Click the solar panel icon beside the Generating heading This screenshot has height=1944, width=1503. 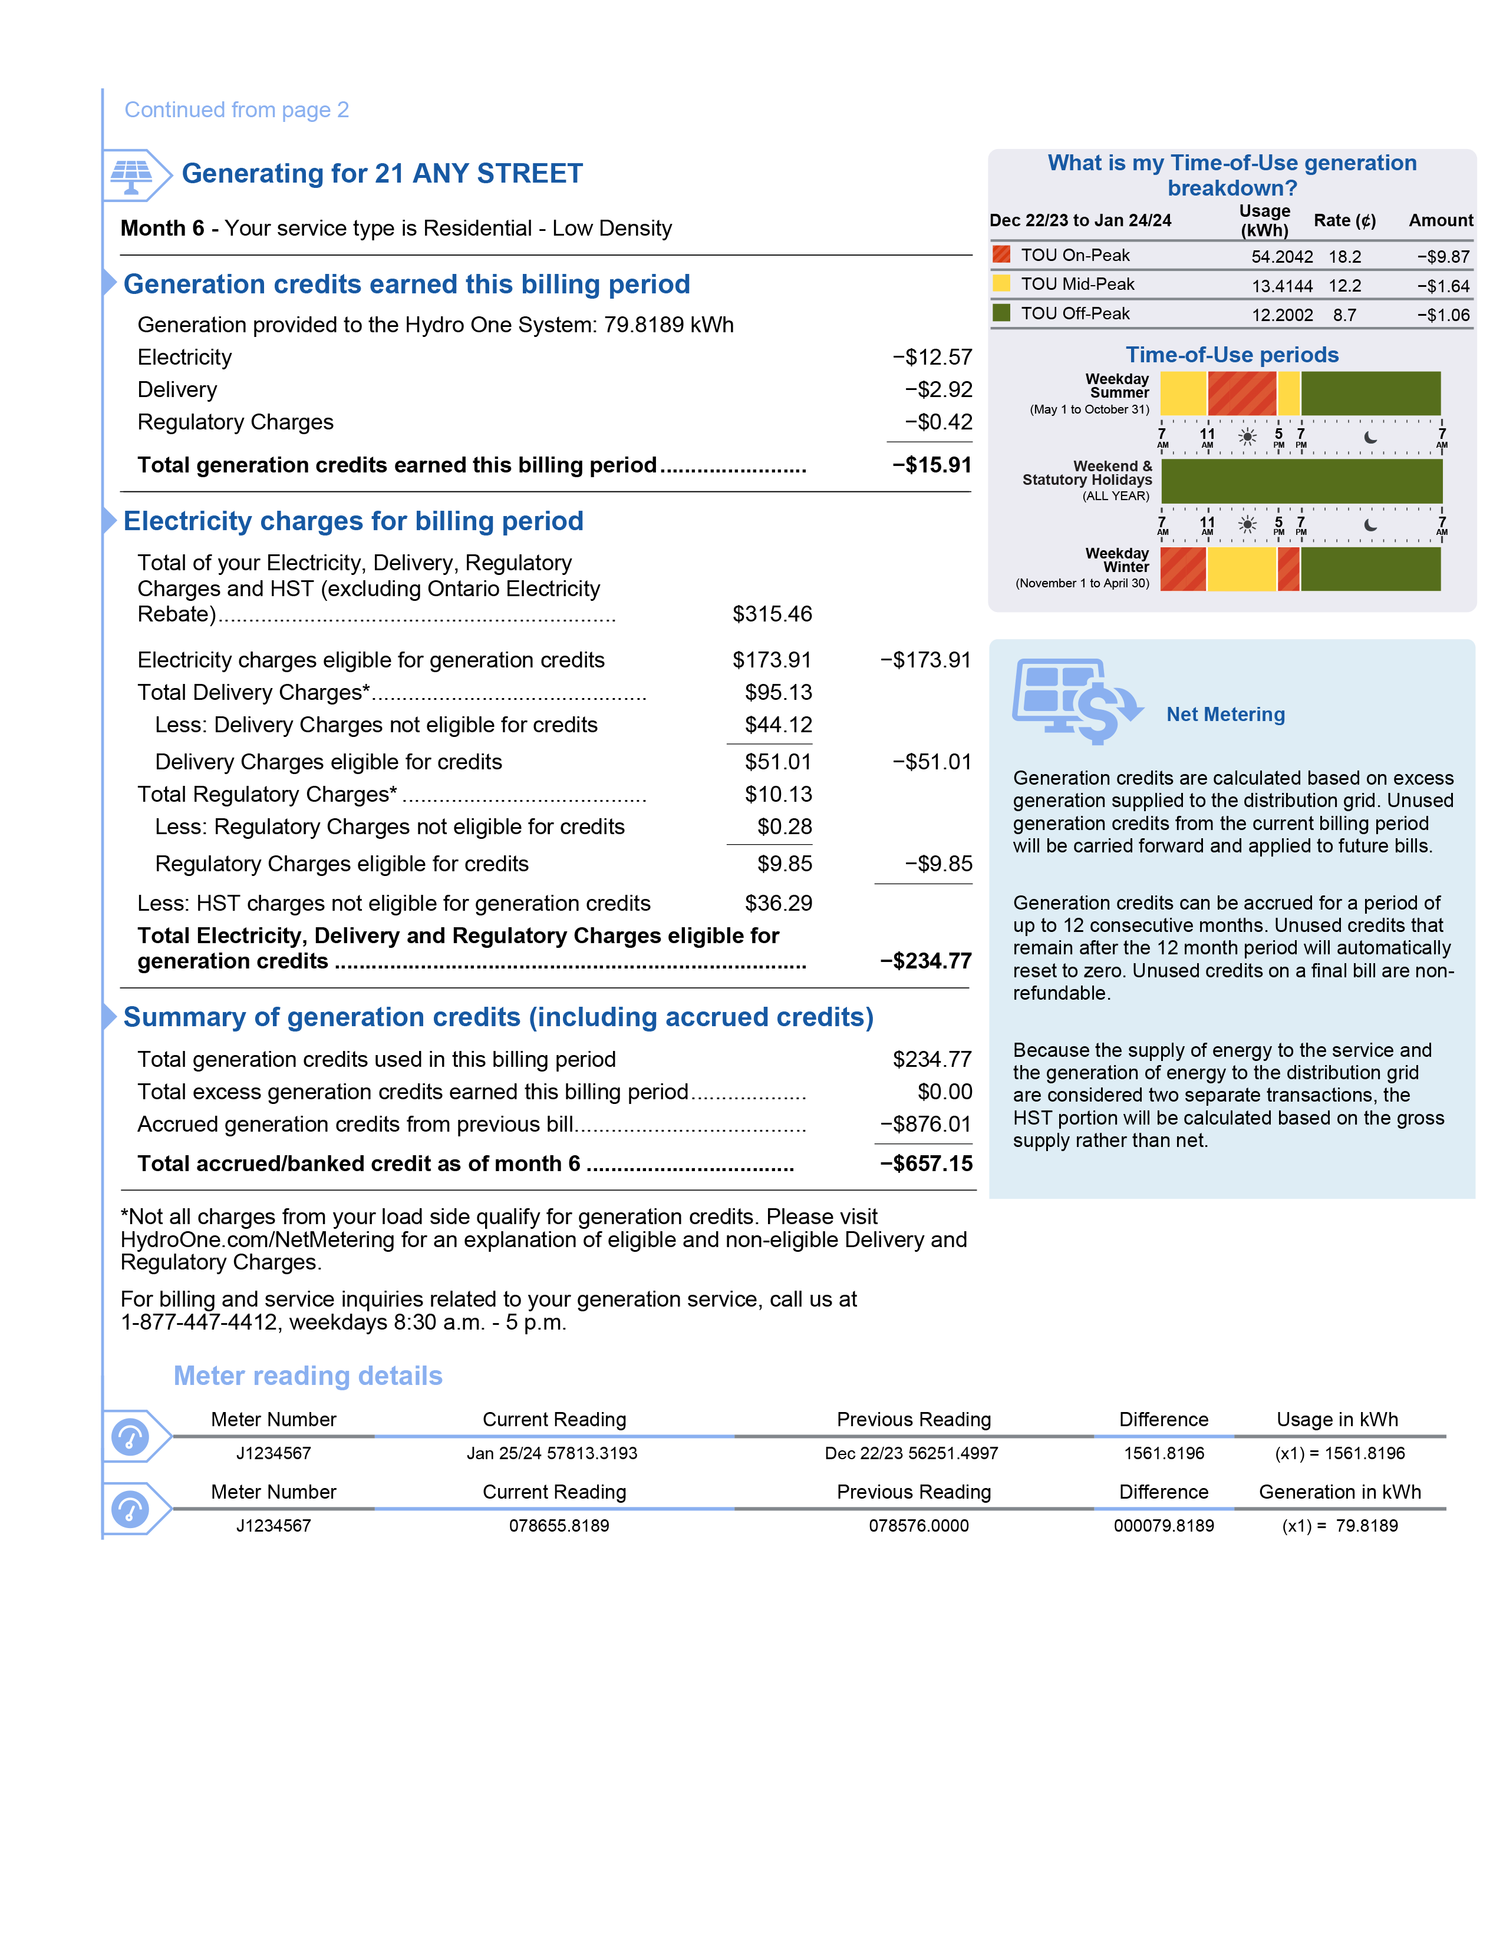pos(132,174)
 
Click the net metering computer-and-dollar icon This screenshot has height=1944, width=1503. pos(1076,700)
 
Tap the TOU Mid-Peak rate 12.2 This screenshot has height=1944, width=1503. pos(1344,286)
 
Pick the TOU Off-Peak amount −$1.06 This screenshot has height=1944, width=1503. pos(1443,315)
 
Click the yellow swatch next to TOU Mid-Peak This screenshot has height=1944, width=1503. pos(1001,284)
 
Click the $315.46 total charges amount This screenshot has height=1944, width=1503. pos(772,614)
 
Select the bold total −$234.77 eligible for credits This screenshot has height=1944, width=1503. pos(925,961)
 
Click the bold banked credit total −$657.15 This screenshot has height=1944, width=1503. pos(925,1163)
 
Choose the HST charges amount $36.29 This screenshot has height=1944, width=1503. pos(778,904)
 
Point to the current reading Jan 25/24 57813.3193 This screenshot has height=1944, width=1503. pos(552,1453)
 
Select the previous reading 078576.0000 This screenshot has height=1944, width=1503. pos(918,1526)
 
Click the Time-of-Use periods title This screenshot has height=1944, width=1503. pos(1231,355)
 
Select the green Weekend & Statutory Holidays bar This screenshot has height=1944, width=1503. pos(1301,481)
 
